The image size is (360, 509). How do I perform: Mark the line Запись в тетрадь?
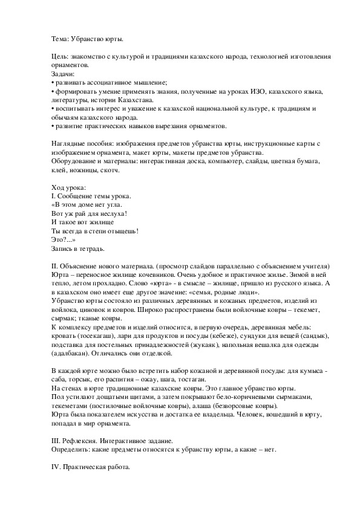(x=79, y=248)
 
